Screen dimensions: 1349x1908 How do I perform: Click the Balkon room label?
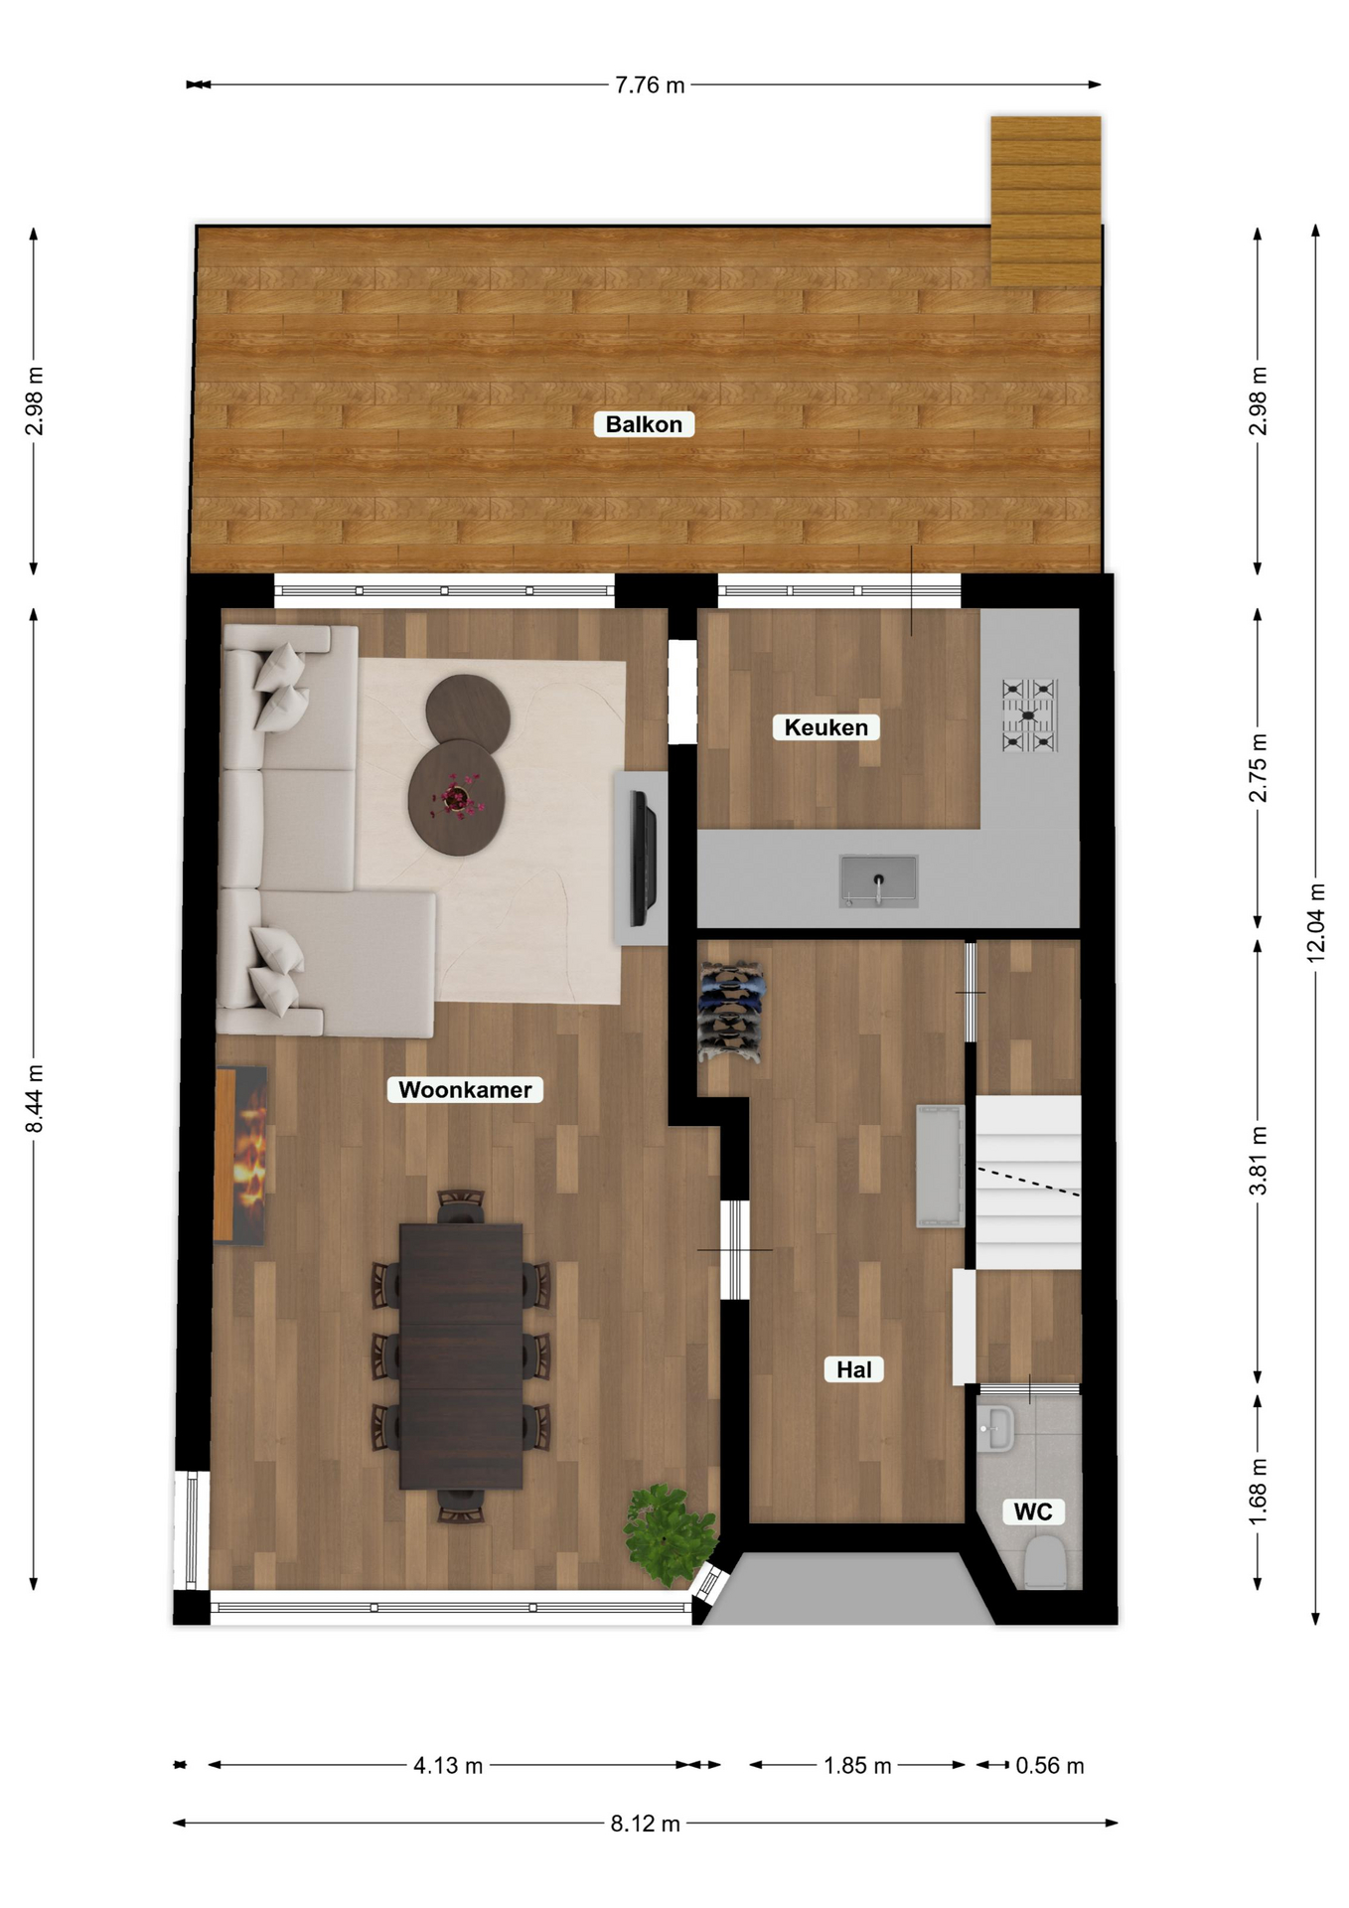(644, 424)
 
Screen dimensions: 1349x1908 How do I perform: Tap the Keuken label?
(825, 727)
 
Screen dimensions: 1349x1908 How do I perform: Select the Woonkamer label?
(465, 1090)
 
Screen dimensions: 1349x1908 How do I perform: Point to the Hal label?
(853, 1370)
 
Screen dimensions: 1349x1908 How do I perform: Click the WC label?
(1033, 1512)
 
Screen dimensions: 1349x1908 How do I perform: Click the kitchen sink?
(878, 880)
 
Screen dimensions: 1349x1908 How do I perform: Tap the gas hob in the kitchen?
(1030, 715)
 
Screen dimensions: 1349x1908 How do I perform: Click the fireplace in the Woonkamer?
(240, 1155)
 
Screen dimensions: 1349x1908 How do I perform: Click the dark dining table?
(461, 1356)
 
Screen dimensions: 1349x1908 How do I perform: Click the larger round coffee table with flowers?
(457, 798)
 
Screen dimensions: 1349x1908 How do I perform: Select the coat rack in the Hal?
(732, 1012)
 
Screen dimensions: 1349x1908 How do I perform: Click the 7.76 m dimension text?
(650, 85)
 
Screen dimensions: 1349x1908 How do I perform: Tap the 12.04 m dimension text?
(1316, 922)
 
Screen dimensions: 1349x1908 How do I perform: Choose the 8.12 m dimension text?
(646, 1824)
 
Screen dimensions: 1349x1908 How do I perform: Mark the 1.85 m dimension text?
(857, 1766)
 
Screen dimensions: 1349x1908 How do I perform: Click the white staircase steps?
(1028, 1183)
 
